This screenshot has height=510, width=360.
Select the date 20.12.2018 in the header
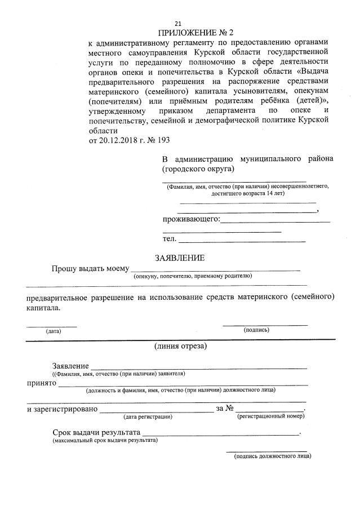click(x=118, y=140)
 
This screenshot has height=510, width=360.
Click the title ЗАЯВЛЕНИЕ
click(x=180, y=258)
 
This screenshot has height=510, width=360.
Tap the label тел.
click(x=170, y=240)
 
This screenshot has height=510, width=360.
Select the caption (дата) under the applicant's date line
click(x=54, y=331)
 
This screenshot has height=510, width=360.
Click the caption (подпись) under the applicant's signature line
click(x=256, y=330)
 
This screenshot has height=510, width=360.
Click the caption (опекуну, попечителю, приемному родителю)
click(x=192, y=276)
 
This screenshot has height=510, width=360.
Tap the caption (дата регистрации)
click(x=148, y=417)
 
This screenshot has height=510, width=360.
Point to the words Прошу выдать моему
click(x=90, y=268)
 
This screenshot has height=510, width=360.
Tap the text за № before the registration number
click(x=224, y=409)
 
